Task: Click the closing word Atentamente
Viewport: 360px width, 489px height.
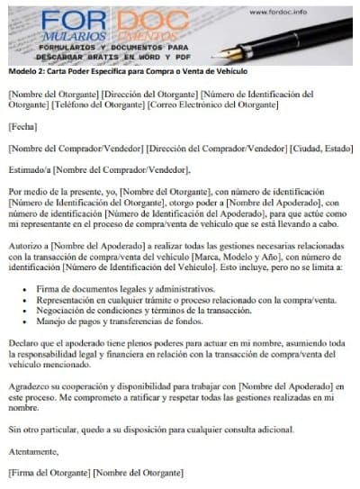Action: coord(34,449)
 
